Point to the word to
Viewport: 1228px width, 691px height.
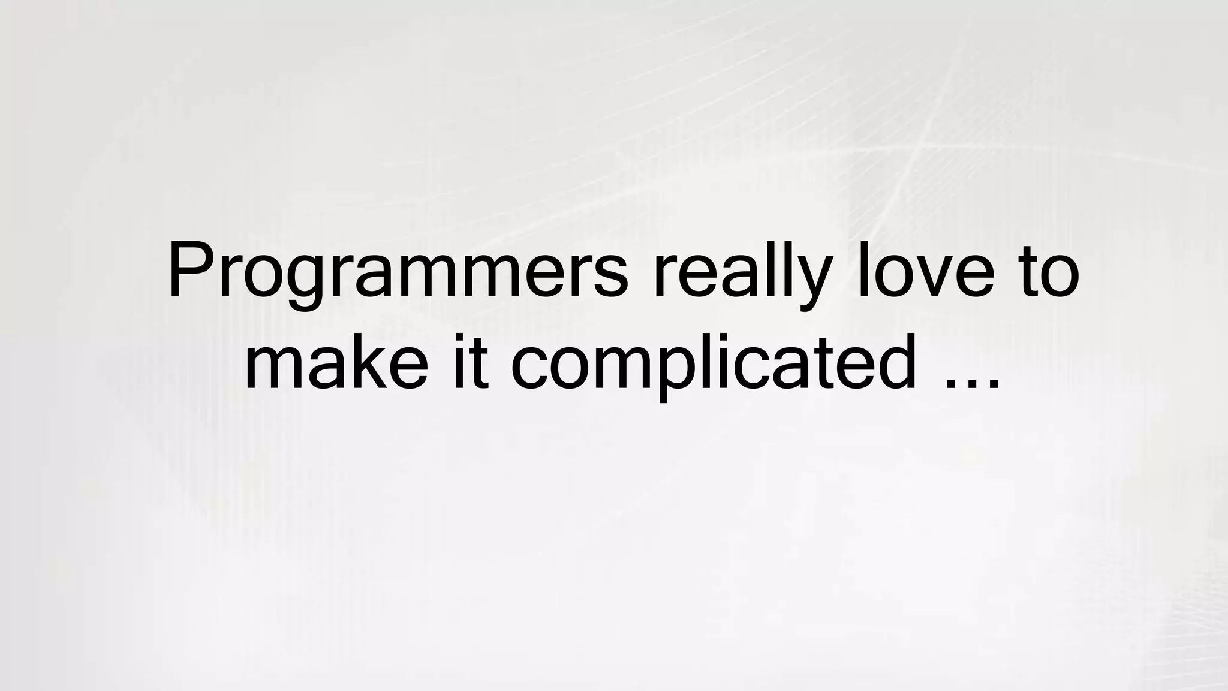tap(1050, 273)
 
